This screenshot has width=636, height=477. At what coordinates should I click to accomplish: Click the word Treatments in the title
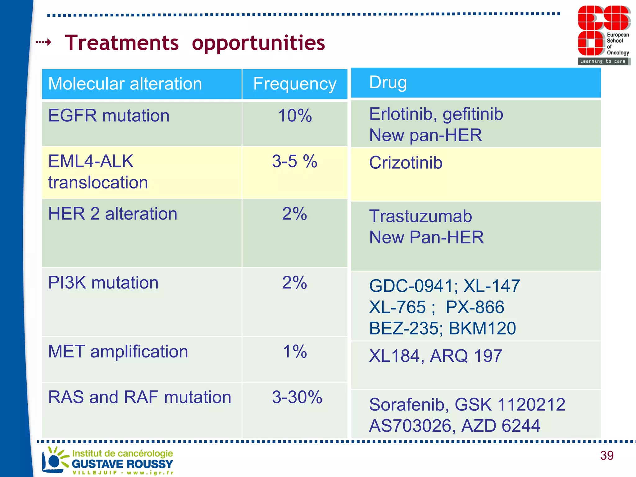tap(122, 43)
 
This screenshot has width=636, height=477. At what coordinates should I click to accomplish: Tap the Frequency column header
tap(294, 84)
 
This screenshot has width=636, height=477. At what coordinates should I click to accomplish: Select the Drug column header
tap(388, 82)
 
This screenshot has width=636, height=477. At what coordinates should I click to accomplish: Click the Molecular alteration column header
tap(125, 84)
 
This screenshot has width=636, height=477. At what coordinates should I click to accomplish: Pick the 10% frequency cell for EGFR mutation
tap(294, 116)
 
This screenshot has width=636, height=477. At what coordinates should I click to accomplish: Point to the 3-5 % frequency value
tap(294, 161)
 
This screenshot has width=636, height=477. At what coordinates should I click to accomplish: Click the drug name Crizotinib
tap(406, 163)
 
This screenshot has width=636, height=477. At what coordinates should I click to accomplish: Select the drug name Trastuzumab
tap(420, 216)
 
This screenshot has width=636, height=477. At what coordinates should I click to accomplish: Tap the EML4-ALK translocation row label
tap(98, 172)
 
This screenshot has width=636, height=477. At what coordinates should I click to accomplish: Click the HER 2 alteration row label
tap(112, 214)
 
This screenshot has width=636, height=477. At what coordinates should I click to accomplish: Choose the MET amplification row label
tap(118, 352)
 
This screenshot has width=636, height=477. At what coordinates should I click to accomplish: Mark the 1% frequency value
tap(294, 352)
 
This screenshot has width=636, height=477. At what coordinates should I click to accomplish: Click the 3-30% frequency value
tap(297, 397)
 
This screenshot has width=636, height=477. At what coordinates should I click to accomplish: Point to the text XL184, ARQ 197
tap(435, 356)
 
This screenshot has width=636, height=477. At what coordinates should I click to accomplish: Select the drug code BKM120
tap(482, 328)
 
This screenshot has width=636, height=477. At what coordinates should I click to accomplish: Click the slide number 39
tap(606, 456)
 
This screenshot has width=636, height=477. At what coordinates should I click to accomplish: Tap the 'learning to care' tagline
tap(603, 61)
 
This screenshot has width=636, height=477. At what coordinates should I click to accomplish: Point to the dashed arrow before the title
tap(43, 42)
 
